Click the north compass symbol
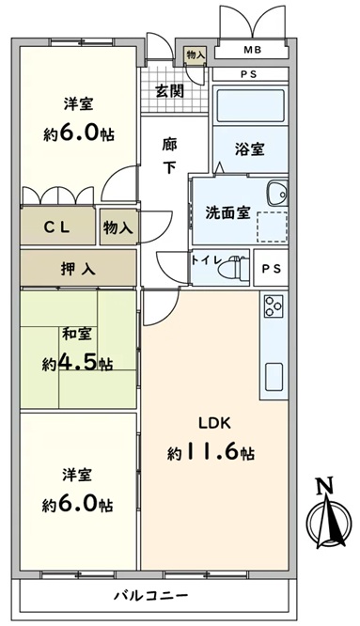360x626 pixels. point(329,517)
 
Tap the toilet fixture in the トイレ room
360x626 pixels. point(233,267)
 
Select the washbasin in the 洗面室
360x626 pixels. point(278,193)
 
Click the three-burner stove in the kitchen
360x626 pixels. point(274,305)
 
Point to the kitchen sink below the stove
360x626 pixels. point(274,377)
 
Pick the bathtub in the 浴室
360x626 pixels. point(250,104)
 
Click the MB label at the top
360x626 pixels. point(253,50)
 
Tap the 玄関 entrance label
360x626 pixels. point(169,91)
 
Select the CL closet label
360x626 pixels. point(57,227)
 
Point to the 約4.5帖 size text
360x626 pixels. point(78,363)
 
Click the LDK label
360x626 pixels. point(215,423)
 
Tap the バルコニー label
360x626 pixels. point(151,597)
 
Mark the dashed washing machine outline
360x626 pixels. point(273,227)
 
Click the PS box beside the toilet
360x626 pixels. point(271,268)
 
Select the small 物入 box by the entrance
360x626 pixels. point(196,55)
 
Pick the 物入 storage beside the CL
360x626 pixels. point(118,227)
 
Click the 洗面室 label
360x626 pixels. point(227,212)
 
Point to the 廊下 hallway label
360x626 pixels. point(169,156)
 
